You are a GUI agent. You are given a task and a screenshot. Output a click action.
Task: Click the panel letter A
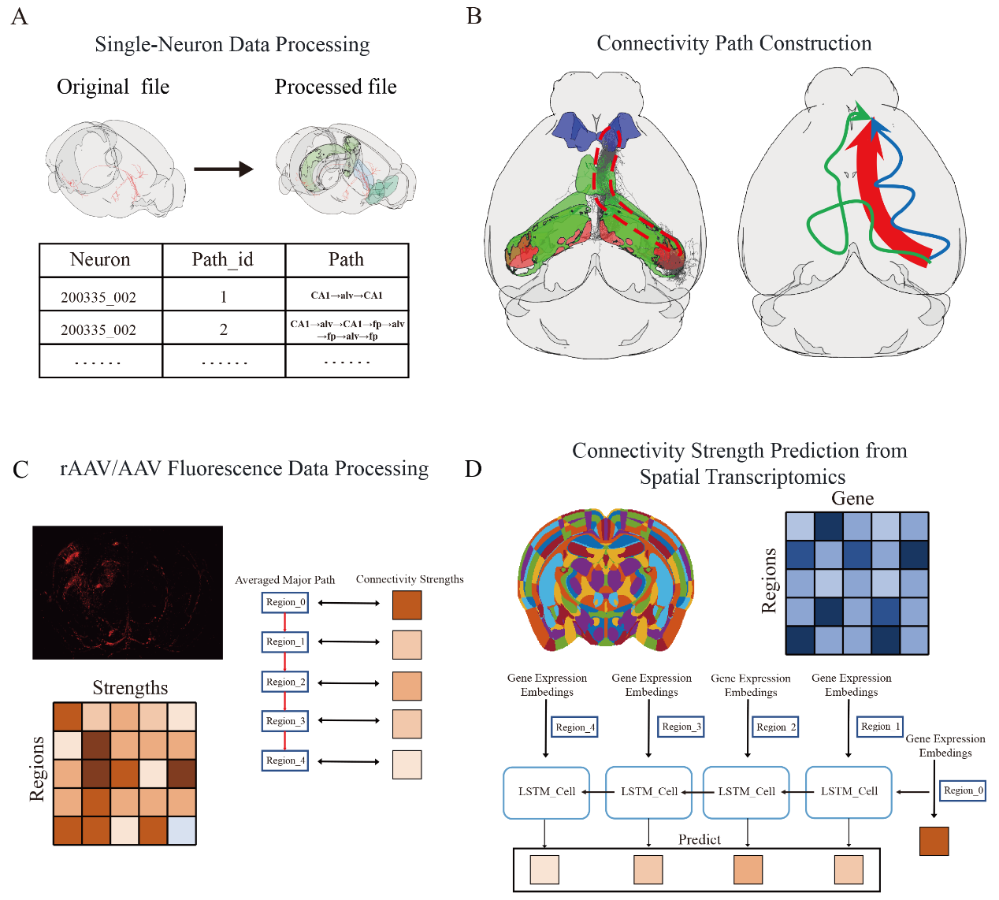point(20,17)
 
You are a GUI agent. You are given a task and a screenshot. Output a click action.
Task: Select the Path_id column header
point(223,260)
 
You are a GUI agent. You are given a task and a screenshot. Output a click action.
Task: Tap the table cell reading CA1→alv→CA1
point(347,296)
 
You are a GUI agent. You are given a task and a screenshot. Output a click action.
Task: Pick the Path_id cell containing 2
point(224,329)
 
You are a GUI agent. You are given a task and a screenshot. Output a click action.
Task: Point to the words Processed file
point(336,87)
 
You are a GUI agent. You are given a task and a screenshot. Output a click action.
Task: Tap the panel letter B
point(474,16)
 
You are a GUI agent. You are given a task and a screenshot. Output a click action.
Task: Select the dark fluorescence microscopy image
point(128,593)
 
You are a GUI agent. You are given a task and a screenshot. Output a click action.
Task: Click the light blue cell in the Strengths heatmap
point(182,831)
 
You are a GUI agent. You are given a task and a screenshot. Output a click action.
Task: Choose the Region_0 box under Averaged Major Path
point(285,603)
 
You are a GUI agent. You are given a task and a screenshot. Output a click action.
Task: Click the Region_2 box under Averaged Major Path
point(285,682)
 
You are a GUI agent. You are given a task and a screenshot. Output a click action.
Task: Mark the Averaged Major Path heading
point(285,580)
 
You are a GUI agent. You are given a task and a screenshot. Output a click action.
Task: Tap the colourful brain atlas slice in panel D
point(606,579)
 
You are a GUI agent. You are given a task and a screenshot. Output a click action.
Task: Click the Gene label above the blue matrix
point(852,499)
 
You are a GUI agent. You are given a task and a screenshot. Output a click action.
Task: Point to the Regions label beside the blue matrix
point(769,581)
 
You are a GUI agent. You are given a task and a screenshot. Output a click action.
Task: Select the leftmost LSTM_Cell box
point(546,792)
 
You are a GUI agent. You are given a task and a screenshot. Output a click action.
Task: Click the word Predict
point(700,840)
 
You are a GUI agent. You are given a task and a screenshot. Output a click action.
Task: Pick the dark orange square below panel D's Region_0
point(934,841)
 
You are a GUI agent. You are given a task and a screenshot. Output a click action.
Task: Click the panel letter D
point(473,470)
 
